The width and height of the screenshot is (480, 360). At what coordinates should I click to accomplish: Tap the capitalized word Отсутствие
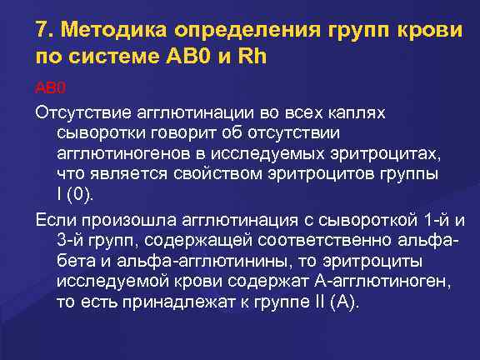[x=81, y=112]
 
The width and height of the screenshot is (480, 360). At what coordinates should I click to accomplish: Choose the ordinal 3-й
[x=69, y=240]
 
